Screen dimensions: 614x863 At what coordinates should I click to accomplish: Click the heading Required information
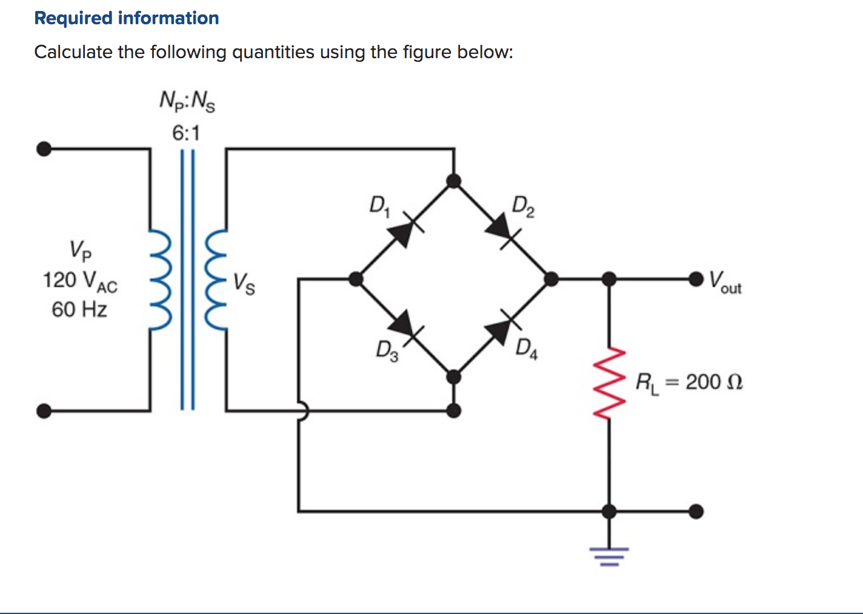tap(127, 18)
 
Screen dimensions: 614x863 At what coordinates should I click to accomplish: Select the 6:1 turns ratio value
tap(185, 133)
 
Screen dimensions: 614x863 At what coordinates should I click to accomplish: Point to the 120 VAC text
tap(79, 281)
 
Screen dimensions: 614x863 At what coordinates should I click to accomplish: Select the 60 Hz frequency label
tap(79, 309)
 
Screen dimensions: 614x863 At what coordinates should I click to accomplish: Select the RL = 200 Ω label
tap(689, 383)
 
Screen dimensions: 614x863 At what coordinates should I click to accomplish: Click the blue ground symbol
tap(609, 555)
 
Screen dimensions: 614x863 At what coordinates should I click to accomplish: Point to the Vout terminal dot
tap(696, 279)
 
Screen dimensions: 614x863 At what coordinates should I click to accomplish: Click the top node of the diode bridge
tap(453, 181)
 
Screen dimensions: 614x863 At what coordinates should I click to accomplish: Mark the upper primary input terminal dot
tap(44, 148)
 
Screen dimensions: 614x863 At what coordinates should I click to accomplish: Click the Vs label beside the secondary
tap(244, 283)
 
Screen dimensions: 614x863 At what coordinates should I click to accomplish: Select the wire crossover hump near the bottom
tap(301, 411)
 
